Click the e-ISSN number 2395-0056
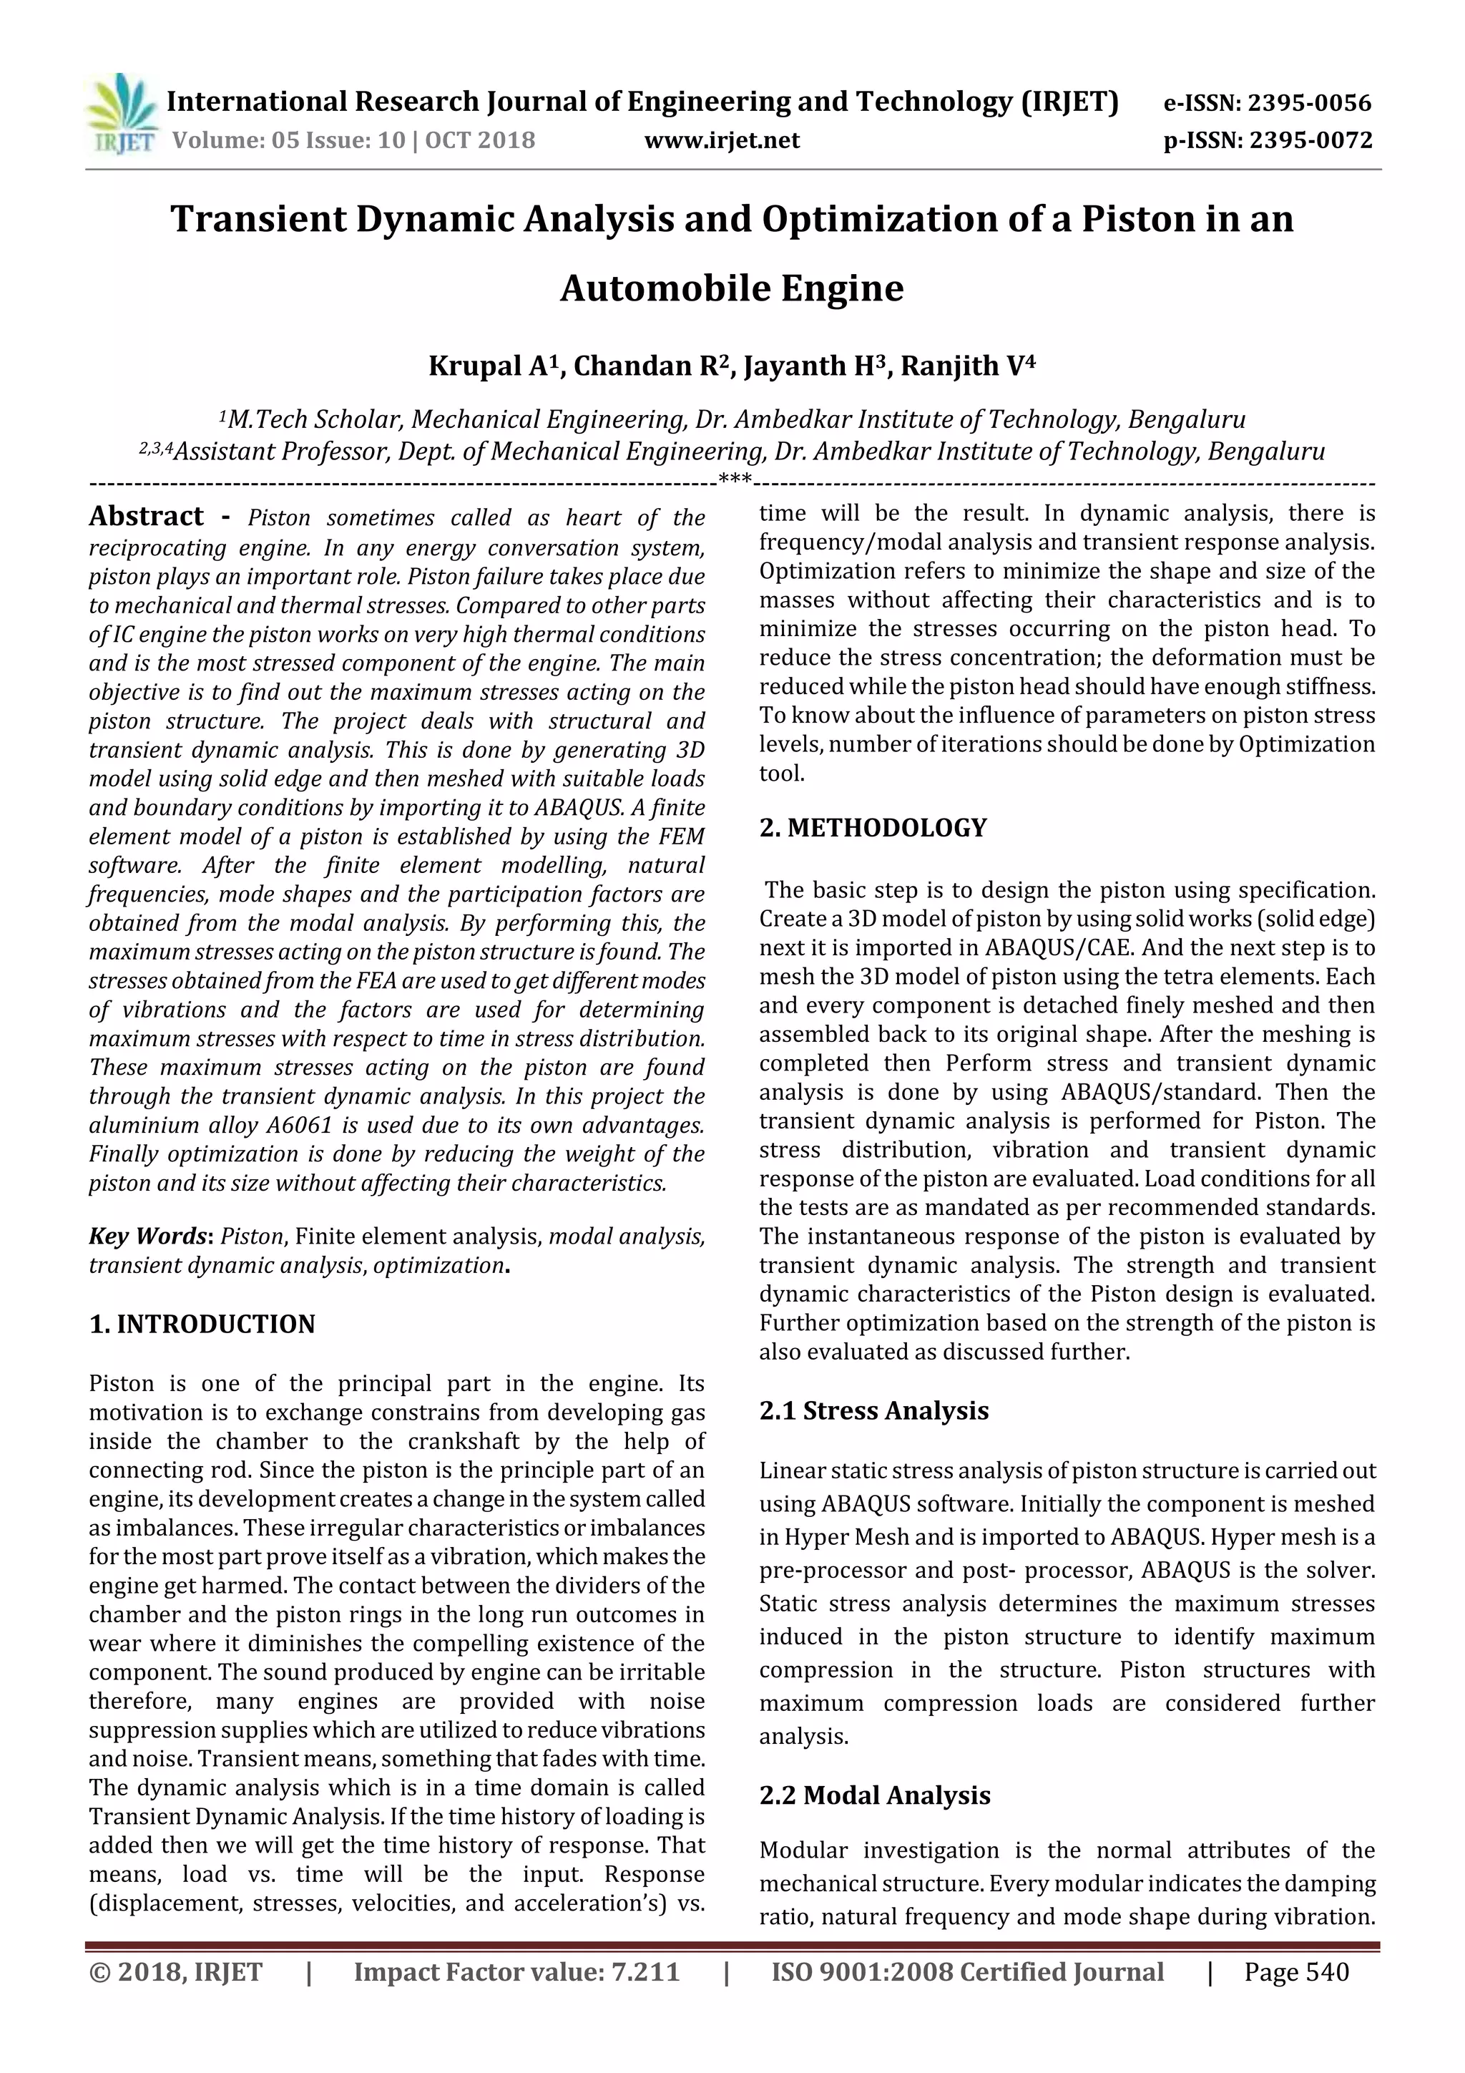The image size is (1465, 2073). coord(1309,103)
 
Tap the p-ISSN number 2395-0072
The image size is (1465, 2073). coord(1310,141)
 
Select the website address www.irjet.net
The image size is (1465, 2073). coord(722,141)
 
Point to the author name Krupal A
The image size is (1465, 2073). coord(494,366)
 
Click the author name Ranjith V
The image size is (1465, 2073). coord(965,366)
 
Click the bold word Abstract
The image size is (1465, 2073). coord(146,517)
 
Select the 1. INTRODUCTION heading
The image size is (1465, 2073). coord(202,1325)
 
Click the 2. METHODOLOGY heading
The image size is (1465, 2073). coord(873,828)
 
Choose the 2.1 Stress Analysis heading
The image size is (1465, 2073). coord(873,1411)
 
